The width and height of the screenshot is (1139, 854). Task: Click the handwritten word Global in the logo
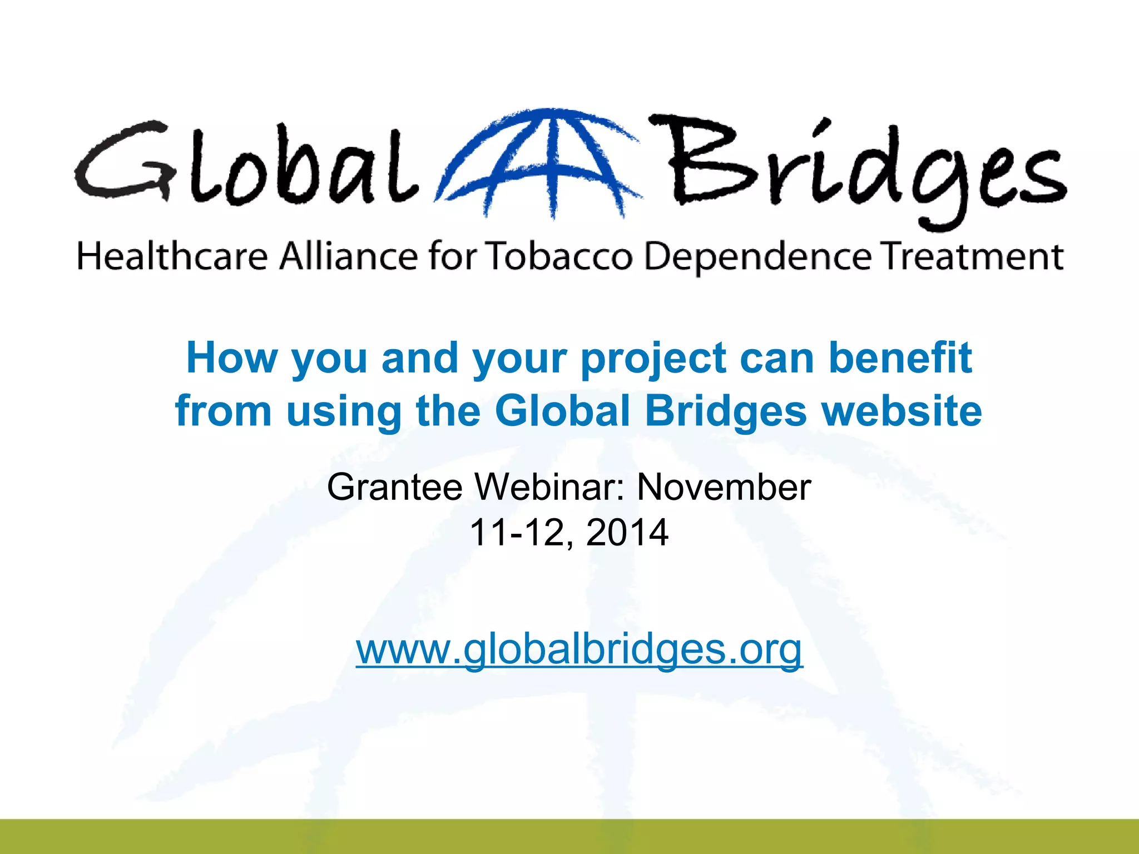coord(245,164)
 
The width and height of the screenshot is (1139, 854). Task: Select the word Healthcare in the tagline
coord(172,257)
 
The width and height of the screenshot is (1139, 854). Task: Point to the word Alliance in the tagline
coord(348,257)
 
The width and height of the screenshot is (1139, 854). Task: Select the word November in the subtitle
coord(724,487)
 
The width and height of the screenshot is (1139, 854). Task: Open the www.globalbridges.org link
coord(579,649)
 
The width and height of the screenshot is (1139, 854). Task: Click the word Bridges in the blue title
coord(726,412)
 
